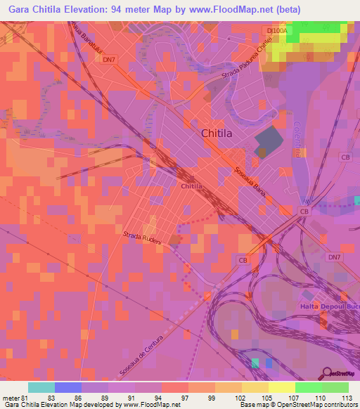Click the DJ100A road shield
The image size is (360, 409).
[278, 31]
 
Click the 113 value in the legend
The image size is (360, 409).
[348, 398]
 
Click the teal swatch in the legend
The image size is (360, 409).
[41, 387]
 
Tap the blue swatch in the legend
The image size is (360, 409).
[68, 387]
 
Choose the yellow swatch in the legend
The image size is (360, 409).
[281, 387]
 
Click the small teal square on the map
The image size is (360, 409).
[255, 363]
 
